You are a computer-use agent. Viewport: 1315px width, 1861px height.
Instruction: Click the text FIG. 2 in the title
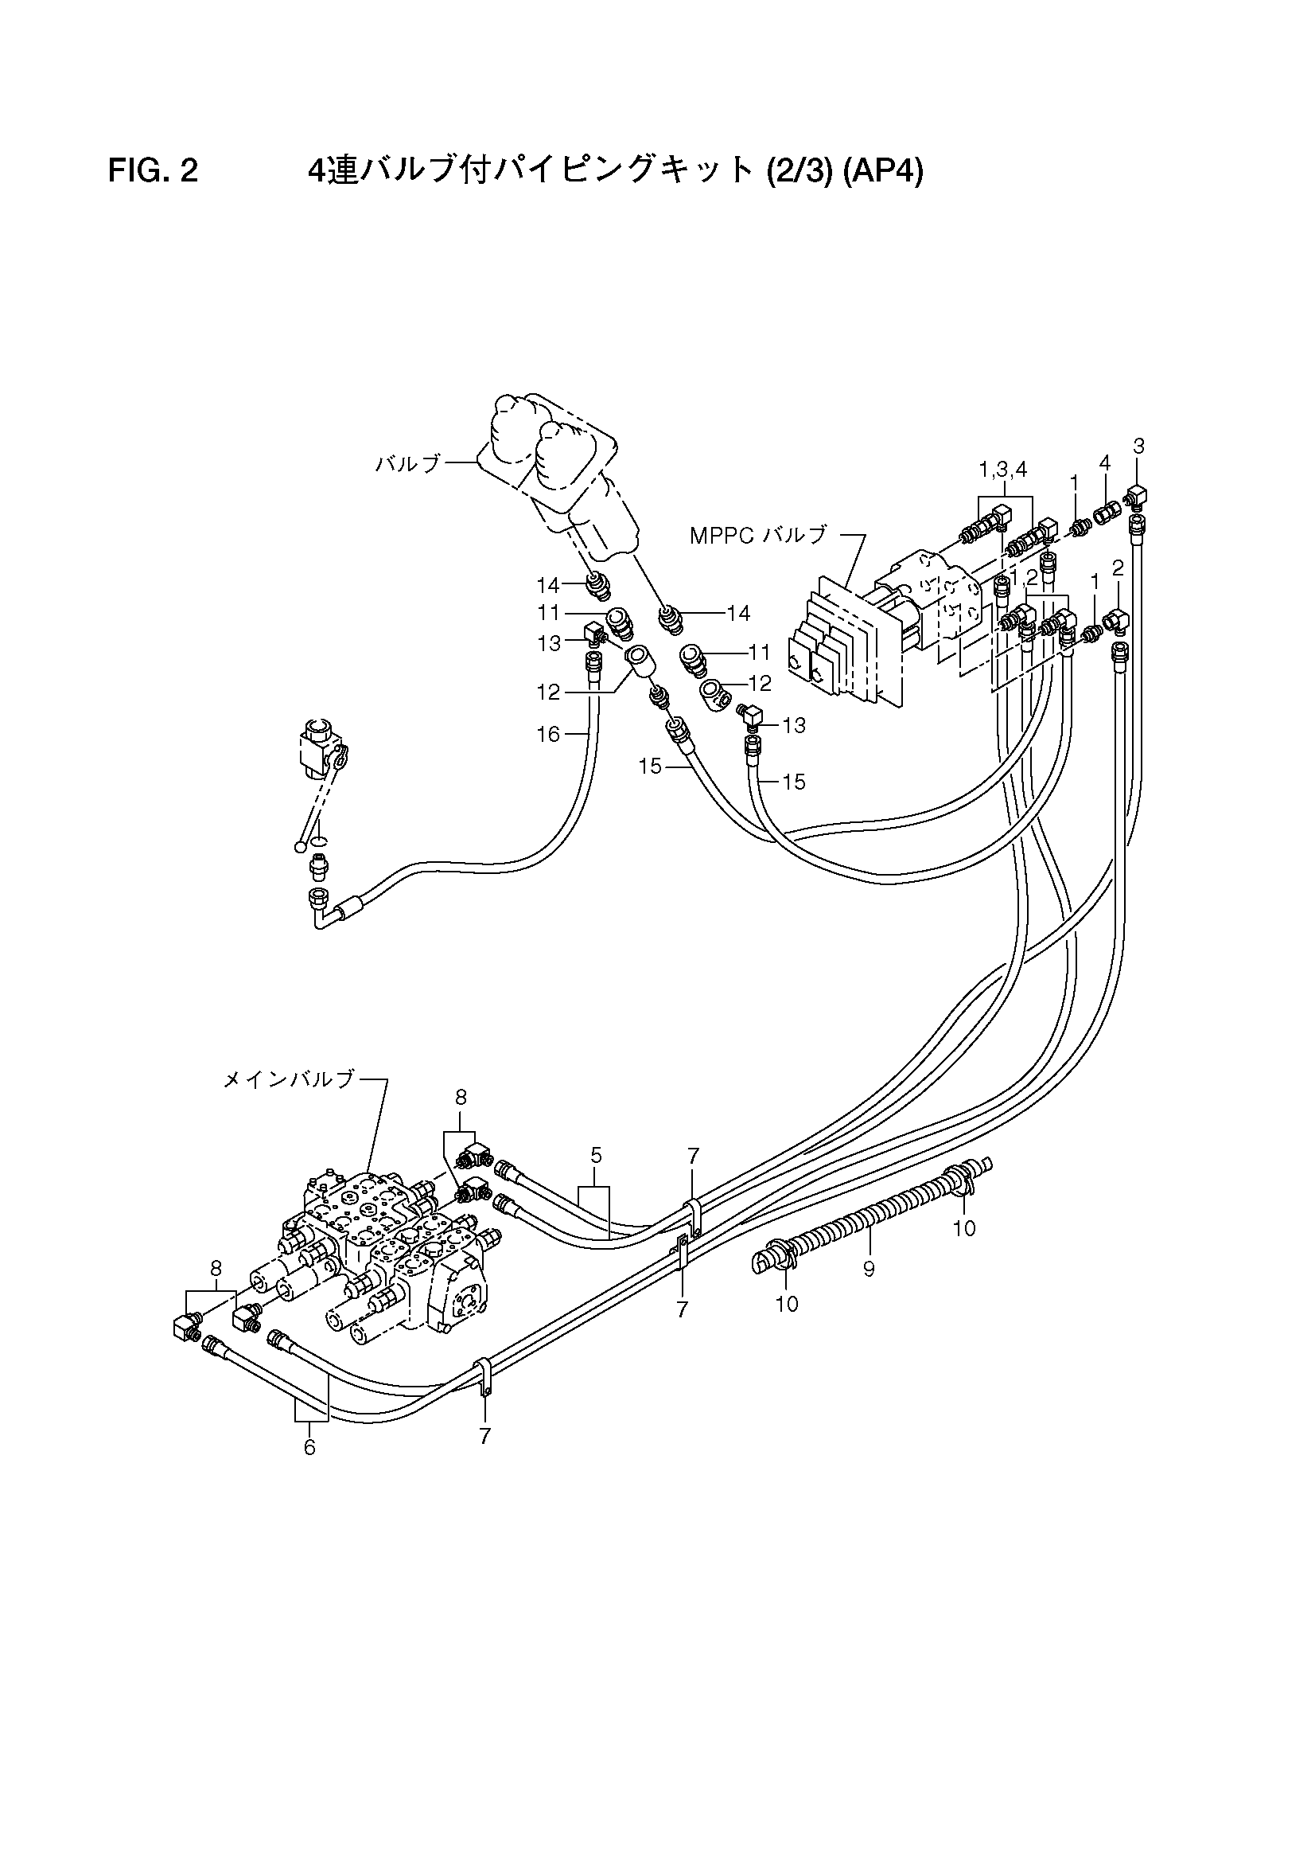(x=153, y=172)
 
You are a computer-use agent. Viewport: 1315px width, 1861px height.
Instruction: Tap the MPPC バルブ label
(x=758, y=535)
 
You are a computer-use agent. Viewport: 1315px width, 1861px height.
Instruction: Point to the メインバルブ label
(x=289, y=1079)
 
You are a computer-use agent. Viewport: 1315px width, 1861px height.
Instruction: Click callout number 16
(x=549, y=734)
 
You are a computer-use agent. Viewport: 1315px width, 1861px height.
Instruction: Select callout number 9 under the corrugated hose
(x=869, y=1269)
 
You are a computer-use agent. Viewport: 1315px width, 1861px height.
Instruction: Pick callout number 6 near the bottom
(x=309, y=1448)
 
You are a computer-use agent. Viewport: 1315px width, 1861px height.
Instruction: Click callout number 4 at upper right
(x=1104, y=462)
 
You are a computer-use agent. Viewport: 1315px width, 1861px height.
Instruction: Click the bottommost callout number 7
(x=484, y=1436)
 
